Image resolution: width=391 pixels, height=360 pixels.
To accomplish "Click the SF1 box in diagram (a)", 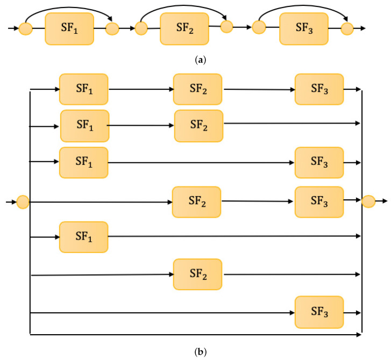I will [x=69, y=28].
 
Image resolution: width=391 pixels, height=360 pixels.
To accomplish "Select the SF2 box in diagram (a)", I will [x=184, y=28].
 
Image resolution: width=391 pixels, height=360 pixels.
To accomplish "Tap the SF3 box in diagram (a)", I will [x=303, y=28].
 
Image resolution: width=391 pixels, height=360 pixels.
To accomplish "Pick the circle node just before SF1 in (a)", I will [x=25, y=28].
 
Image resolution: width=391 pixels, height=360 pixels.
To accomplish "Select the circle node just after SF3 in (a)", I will [x=347, y=28].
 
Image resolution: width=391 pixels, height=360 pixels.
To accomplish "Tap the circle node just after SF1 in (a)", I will [x=112, y=28].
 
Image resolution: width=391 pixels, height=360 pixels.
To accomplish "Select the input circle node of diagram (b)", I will [x=23, y=202].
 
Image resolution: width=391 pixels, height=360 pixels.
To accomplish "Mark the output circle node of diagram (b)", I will [x=368, y=202].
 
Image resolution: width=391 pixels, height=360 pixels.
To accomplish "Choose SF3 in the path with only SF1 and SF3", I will [x=319, y=162].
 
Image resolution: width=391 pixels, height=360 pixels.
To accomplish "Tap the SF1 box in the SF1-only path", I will [x=83, y=236].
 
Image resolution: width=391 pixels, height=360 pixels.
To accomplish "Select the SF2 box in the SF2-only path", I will [x=197, y=274].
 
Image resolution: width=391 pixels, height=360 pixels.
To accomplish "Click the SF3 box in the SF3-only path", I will [x=319, y=312].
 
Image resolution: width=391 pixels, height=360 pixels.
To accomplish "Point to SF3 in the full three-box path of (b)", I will [x=319, y=89].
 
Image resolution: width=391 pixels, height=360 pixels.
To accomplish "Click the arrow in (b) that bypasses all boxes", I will [x=194, y=335].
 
